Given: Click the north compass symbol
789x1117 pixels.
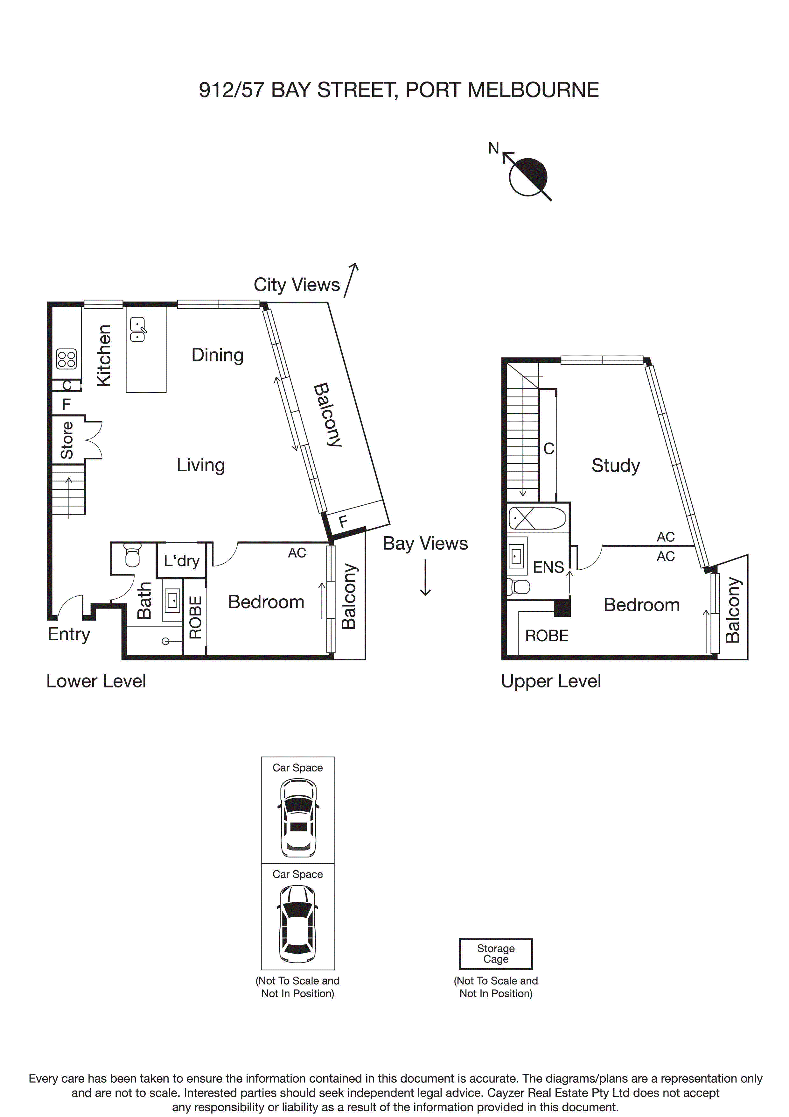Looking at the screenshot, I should click(527, 177).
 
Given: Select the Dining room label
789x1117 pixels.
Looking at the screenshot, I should click(217, 355).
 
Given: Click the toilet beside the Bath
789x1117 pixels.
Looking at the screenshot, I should click(132, 555).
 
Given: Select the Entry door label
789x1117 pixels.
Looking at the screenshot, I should click(68, 634).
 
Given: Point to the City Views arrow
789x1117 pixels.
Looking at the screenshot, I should click(352, 280).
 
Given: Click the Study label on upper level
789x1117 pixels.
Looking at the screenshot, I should click(615, 465).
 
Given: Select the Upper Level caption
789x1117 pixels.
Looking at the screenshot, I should click(551, 681).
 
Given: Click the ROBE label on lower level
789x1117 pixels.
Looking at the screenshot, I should click(195, 617).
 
